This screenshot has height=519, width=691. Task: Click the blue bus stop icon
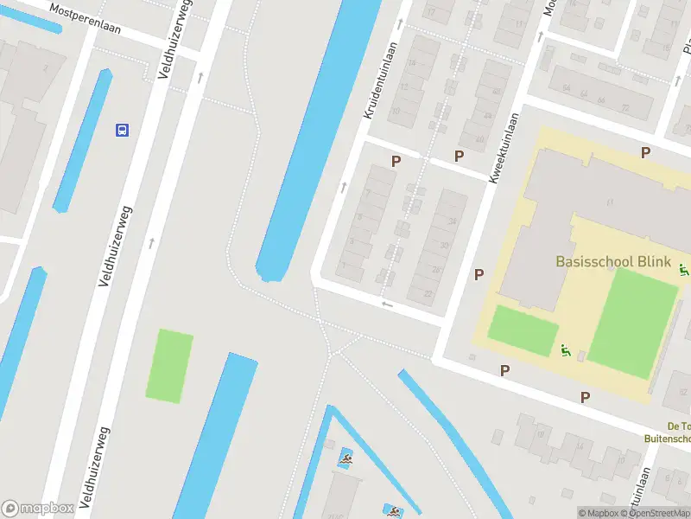tap(123, 130)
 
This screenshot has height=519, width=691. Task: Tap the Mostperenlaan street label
tap(86, 19)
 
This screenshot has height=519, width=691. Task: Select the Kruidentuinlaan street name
tap(381, 80)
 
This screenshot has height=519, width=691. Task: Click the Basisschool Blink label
tap(613, 261)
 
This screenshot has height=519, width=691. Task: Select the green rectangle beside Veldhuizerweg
tap(169, 366)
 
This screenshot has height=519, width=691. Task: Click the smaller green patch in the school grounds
tap(523, 330)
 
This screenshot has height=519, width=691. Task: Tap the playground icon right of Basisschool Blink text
tap(684, 272)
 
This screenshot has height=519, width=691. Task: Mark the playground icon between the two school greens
tap(566, 350)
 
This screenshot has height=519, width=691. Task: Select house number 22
tap(429, 293)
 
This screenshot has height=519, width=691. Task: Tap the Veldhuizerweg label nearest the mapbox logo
tap(98, 466)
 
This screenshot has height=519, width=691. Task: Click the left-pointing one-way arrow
tap(387, 304)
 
